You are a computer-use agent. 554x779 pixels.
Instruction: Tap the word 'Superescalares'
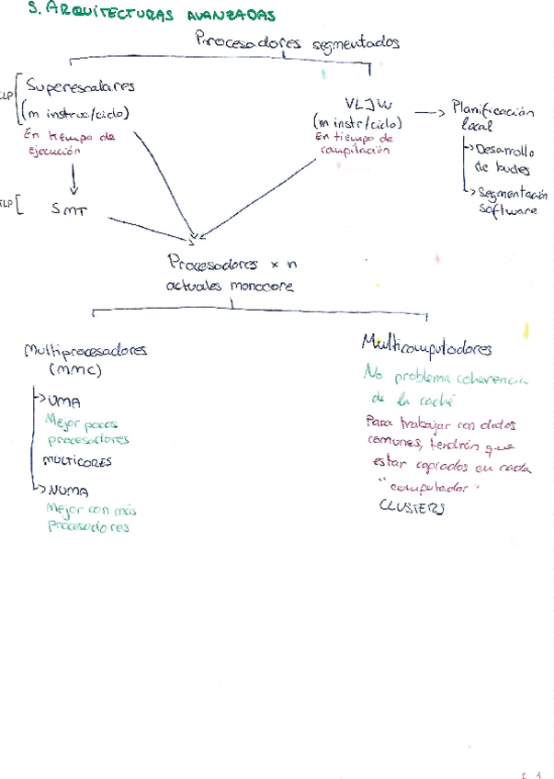pyautogui.click(x=81, y=87)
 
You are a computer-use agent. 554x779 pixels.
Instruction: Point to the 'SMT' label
pyautogui.click(x=70, y=209)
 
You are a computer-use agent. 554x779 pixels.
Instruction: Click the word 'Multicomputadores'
pyautogui.click(x=426, y=347)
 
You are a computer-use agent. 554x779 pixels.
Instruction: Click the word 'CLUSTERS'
pyautogui.click(x=411, y=508)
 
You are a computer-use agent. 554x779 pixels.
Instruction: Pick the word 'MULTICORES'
pyautogui.click(x=78, y=458)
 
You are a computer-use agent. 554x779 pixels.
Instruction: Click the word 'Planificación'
pyautogui.click(x=493, y=110)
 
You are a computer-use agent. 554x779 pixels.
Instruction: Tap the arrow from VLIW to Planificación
pyautogui.click(x=429, y=111)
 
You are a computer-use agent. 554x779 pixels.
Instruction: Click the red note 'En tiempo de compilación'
pyautogui.click(x=353, y=145)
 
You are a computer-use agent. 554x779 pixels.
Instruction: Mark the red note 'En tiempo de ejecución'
pyautogui.click(x=70, y=142)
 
